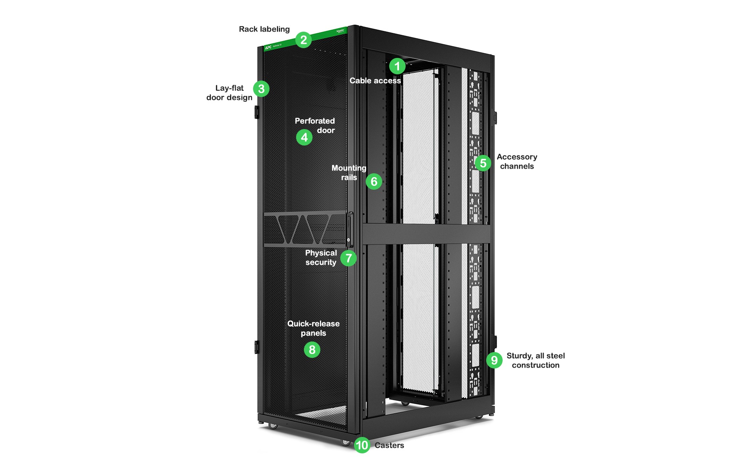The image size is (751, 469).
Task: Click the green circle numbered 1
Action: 397,66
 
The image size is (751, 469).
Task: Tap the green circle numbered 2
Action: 304,40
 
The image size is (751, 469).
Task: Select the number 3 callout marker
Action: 261,89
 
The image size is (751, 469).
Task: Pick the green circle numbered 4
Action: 304,137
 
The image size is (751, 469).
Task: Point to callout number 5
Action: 483,163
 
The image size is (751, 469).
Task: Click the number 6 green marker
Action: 374,181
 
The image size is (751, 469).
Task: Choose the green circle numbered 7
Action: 349,258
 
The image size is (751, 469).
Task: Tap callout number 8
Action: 312,350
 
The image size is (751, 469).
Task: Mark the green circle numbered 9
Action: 494,360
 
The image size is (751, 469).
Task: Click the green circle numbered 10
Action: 362,445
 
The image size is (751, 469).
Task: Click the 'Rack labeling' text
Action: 264,29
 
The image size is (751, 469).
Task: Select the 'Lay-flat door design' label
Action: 230,93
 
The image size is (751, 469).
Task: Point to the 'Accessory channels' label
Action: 517,162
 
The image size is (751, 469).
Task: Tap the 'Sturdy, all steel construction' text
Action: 535,360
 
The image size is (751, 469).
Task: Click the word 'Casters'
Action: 389,446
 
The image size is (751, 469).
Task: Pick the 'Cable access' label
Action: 375,81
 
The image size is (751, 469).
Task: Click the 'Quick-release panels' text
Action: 313,328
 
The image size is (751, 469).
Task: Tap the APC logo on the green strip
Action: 268,48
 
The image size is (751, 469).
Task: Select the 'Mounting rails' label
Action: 349,173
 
